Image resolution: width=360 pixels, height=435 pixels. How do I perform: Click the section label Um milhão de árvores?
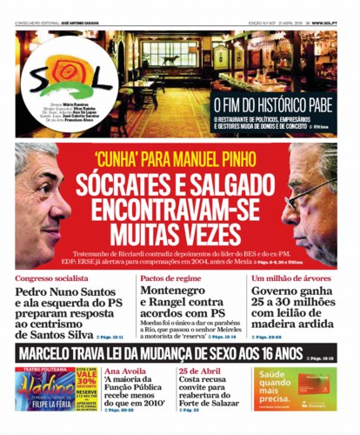tap(290, 278)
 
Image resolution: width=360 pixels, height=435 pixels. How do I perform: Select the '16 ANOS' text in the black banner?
tap(272, 355)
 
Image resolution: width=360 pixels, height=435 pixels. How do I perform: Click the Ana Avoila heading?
tap(123, 371)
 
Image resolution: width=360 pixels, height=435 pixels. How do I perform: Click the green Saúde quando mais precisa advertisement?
tap(295, 388)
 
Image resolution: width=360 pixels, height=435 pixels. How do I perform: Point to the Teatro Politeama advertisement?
tap(56, 388)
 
